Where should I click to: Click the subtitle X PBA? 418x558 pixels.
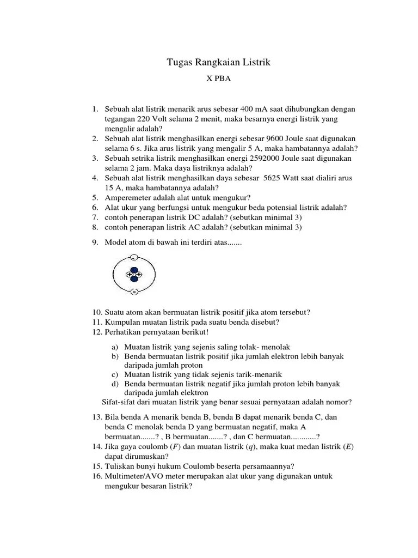218,79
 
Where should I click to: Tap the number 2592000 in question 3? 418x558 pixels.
264,158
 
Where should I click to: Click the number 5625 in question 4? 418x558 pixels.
275,178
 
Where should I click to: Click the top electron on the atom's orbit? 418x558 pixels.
134,257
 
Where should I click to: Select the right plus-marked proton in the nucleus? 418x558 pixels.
138,275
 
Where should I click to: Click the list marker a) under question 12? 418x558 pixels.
115,347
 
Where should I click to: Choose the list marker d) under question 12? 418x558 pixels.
115,384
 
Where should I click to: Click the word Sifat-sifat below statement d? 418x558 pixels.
119,402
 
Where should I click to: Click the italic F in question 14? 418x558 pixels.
175,447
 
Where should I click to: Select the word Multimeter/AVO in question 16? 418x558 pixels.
131,476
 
